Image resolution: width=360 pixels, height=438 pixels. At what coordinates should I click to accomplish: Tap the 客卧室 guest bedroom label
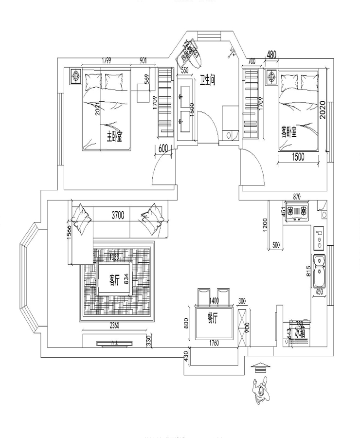(288, 132)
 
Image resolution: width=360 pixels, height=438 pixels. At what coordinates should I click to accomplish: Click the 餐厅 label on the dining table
(213, 318)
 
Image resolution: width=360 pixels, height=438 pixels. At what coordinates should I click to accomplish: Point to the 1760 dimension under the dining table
(214, 343)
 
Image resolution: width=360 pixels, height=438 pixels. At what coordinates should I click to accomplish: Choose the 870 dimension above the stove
(296, 197)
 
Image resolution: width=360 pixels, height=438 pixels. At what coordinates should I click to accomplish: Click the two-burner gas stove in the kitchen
(297, 211)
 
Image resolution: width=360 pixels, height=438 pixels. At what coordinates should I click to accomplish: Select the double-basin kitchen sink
(320, 271)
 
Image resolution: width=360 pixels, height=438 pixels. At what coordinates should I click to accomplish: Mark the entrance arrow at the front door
(260, 368)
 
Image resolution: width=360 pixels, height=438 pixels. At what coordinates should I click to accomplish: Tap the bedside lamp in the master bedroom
(76, 76)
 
